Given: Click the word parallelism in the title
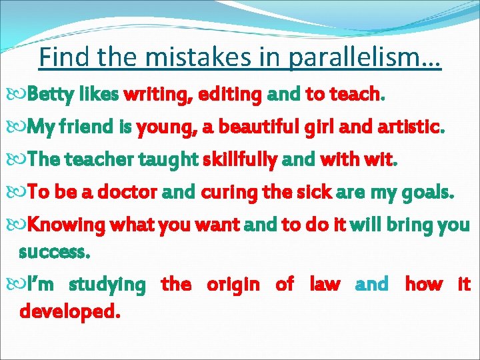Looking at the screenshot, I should [365, 58].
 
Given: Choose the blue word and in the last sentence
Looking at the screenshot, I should [372, 285].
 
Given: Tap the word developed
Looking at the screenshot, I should [70, 311].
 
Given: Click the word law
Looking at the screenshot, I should [325, 285].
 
